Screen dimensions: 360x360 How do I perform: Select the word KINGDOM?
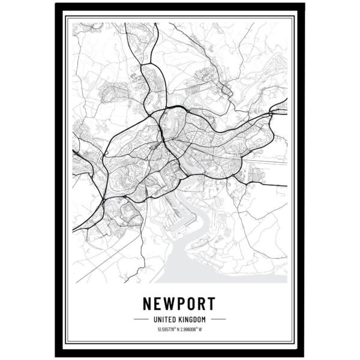191,319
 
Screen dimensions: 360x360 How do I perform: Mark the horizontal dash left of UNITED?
141,319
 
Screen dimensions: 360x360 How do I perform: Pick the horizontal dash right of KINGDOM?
218,319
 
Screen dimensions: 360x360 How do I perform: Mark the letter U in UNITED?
155,319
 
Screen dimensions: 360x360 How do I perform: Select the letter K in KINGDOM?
179,319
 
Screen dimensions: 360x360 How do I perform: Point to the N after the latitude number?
178,329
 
